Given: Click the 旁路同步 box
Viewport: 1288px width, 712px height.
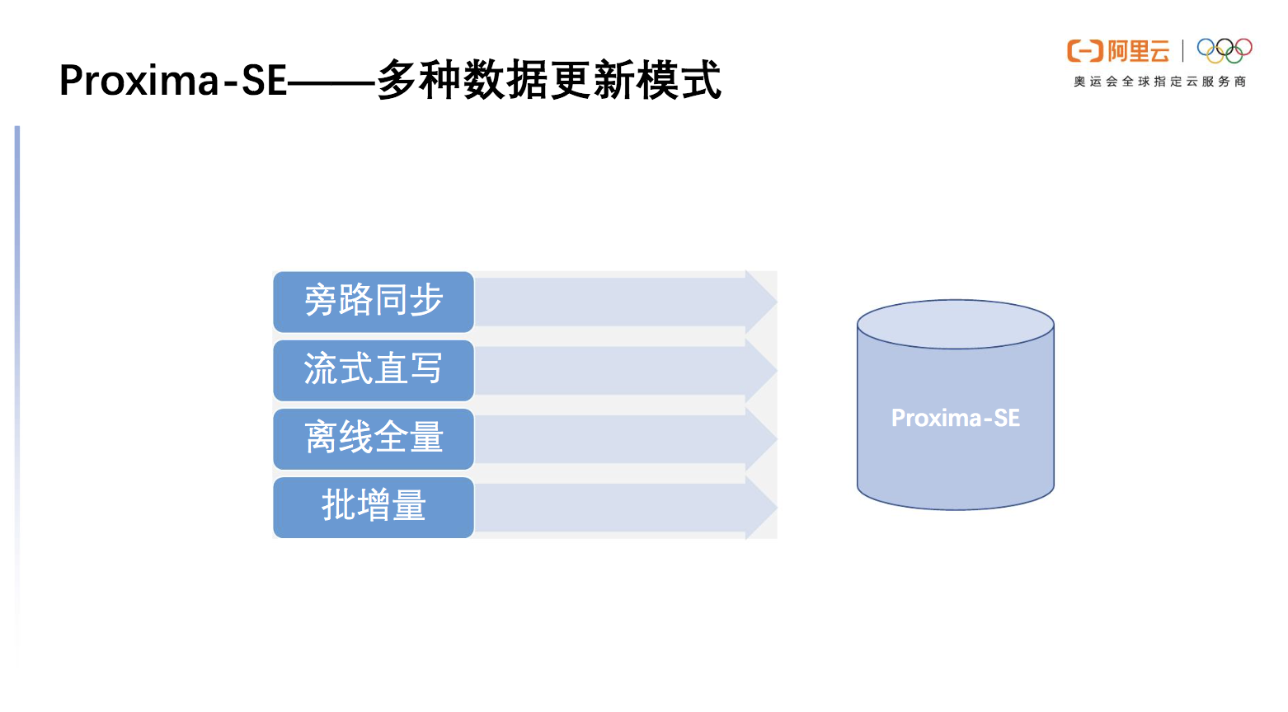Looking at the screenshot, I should click(374, 302).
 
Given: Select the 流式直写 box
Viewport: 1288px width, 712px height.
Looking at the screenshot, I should click(374, 370).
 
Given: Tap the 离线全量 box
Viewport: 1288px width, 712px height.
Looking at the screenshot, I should click(374, 438).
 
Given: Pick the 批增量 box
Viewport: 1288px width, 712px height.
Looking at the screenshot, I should click(374, 507).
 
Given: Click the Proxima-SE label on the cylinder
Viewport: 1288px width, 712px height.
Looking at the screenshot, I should click(956, 418).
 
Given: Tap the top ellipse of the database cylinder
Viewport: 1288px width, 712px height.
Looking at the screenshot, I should click(956, 324).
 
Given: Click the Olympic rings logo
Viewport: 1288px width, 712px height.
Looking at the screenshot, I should click(1225, 50).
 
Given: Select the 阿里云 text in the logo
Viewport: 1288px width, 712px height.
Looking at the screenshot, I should click(1139, 51).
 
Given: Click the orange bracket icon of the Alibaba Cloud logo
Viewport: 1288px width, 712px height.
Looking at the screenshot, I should click(1084, 51).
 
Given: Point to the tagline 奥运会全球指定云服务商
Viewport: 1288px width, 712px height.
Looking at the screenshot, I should click(1159, 82).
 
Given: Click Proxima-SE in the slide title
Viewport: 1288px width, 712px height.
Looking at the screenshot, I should click(172, 81).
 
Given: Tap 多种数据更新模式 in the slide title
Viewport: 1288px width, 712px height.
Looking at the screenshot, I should click(548, 81).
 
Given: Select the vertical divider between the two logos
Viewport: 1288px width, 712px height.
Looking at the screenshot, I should click(1183, 51).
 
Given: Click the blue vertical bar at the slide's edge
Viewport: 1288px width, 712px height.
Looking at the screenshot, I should click(17, 330).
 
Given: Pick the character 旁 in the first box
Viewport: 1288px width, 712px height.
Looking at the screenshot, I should click(321, 301).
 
